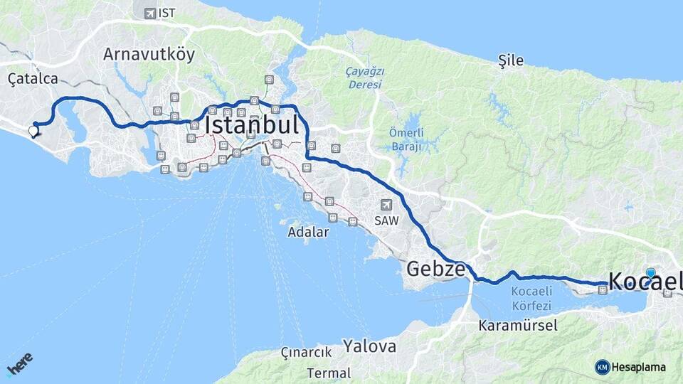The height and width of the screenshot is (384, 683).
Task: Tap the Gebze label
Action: pyautogui.click(x=436, y=269)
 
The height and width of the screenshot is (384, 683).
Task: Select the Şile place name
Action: pyautogui.click(x=511, y=61)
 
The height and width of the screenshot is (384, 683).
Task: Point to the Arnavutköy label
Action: pyautogui.click(x=149, y=55)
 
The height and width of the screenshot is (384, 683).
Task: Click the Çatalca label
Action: pyautogui.click(x=33, y=78)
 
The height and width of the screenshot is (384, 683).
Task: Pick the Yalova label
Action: pyautogui.click(x=370, y=346)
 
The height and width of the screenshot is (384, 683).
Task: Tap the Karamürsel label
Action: pyautogui.click(x=518, y=326)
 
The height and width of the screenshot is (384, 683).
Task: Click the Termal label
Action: pyautogui.click(x=329, y=373)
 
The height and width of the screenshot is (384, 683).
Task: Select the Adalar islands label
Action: pyautogui.click(x=308, y=232)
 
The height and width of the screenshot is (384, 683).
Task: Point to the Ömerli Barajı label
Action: pyautogui.click(x=406, y=139)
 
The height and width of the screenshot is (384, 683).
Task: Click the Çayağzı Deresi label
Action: pyautogui.click(x=364, y=78)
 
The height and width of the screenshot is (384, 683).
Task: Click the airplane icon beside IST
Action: pyautogui.click(x=149, y=13)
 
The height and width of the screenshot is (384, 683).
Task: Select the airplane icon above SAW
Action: pyautogui.click(x=386, y=203)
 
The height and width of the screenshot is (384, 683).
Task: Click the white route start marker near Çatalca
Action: pyautogui.click(x=33, y=130)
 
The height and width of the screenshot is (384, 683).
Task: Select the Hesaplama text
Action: pyautogui.click(x=639, y=368)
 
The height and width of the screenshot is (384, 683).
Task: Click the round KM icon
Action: pyautogui.click(x=602, y=367)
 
